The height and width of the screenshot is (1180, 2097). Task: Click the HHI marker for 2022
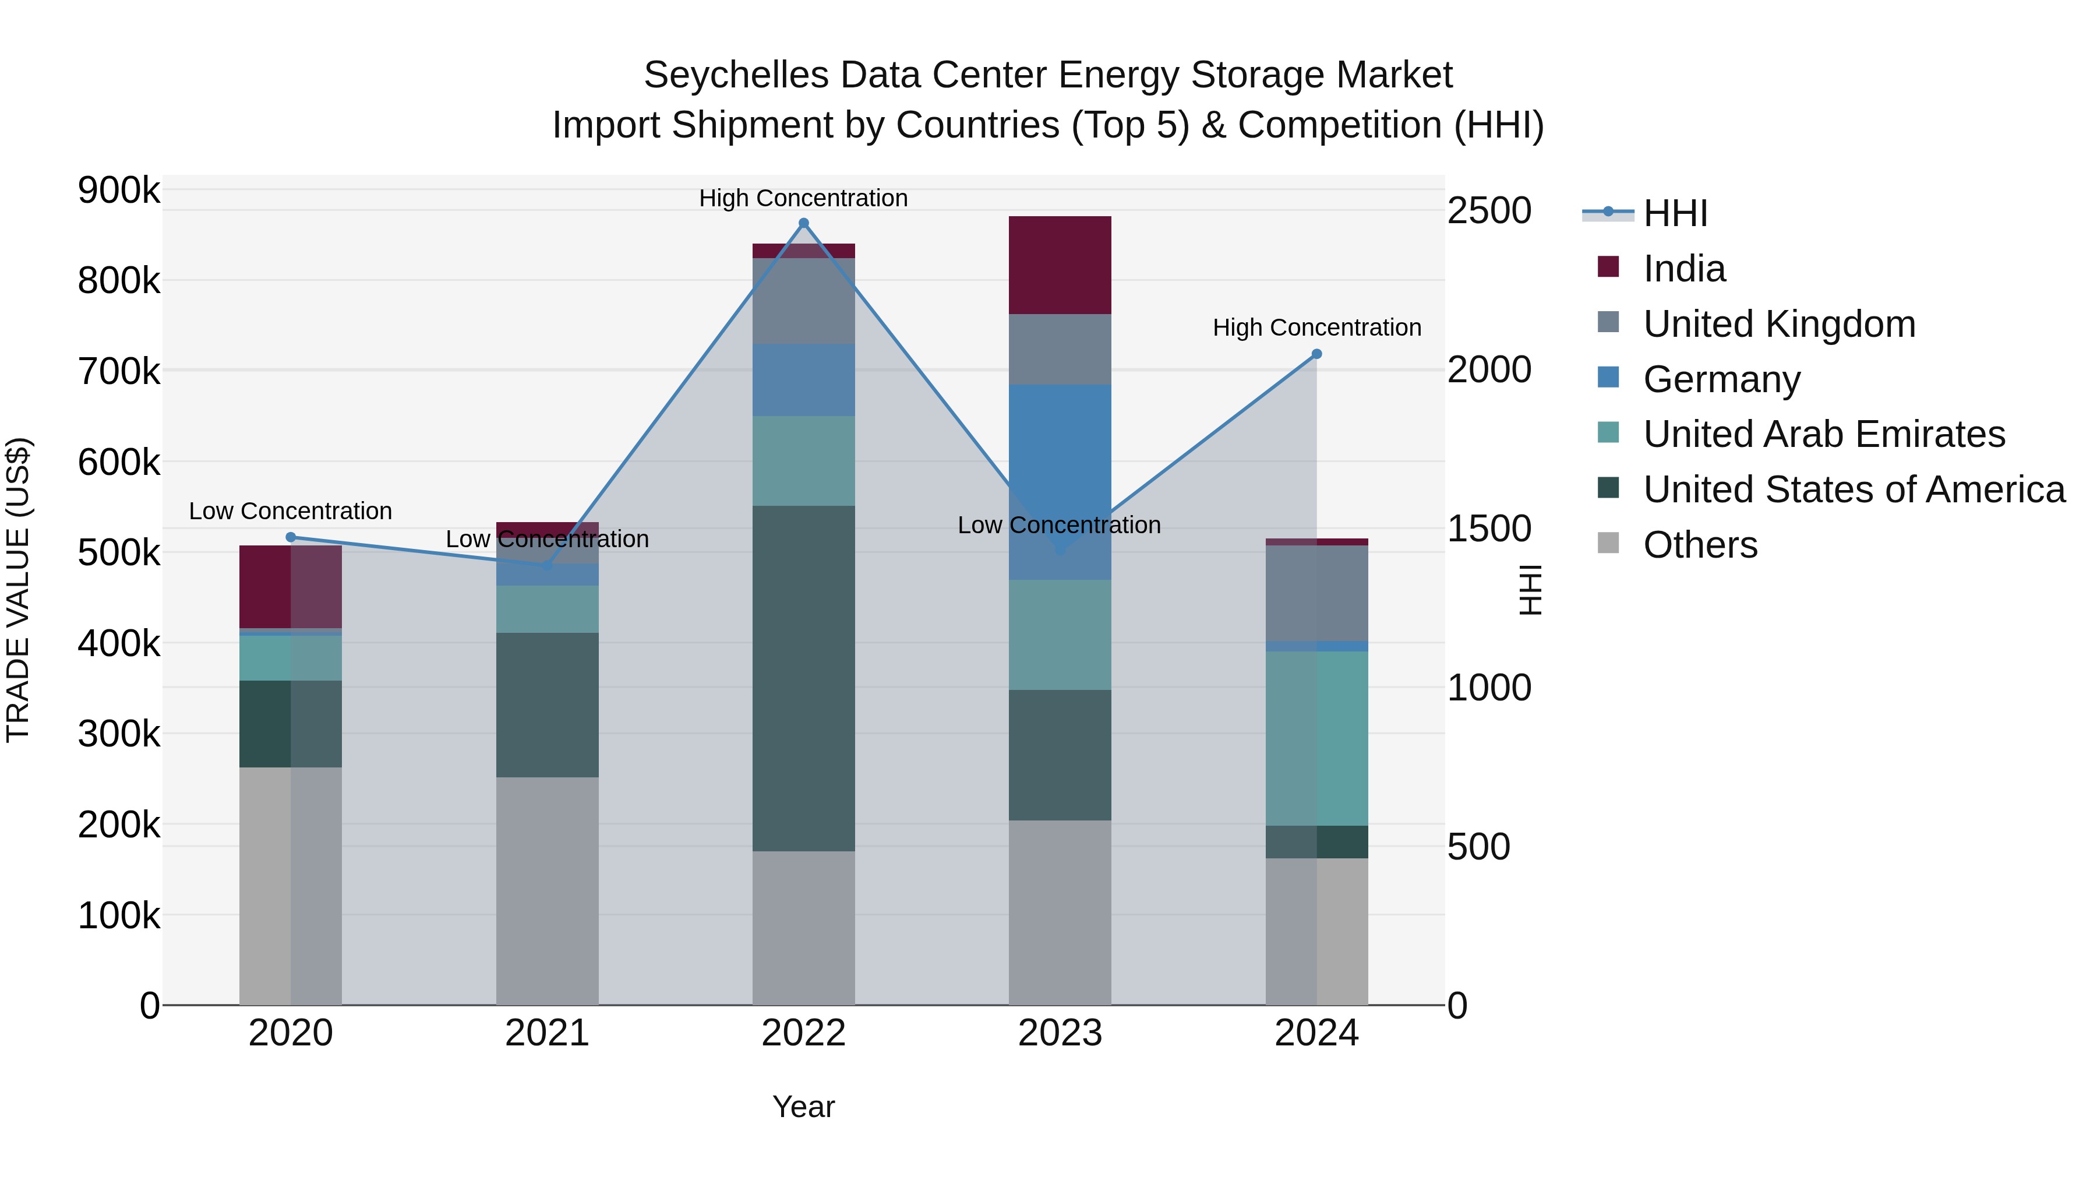click(803, 223)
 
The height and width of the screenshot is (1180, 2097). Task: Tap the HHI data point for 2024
click(1316, 354)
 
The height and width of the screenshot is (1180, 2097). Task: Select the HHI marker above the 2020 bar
click(291, 537)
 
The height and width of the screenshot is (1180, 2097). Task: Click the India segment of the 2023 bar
click(1060, 266)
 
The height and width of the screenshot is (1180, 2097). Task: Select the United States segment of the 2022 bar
click(803, 678)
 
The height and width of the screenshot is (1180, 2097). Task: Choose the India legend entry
click(1683, 269)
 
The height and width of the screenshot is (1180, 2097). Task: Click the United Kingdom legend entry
click(1779, 324)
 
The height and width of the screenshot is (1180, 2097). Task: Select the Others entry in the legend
click(1700, 545)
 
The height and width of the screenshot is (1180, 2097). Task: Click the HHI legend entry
click(1675, 213)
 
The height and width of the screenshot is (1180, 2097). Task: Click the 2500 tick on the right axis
click(1489, 211)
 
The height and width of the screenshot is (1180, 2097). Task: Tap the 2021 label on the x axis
click(547, 1033)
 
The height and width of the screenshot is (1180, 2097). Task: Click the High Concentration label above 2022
click(803, 198)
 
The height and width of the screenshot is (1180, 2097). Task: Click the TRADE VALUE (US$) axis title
click(19, 590)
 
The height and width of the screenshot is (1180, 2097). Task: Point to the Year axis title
click(803, 1107)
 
